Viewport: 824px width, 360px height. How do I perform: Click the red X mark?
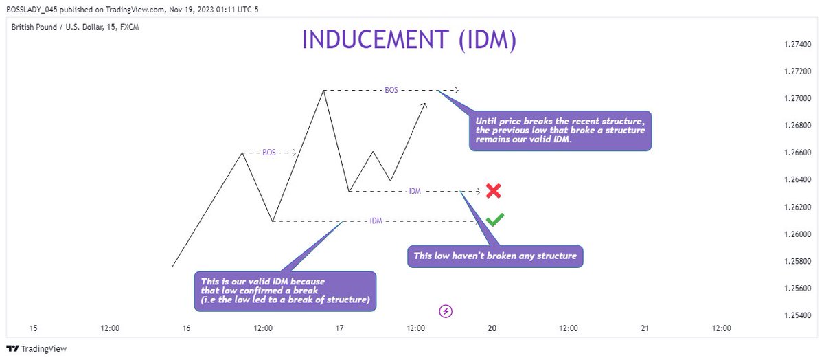tap(493, 191)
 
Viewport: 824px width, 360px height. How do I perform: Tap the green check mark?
tap(494, 220)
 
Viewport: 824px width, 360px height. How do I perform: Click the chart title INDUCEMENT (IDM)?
tap(409, 40)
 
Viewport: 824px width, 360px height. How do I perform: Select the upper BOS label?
tap(391, 90)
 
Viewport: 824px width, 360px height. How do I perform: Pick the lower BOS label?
tap(269, 153)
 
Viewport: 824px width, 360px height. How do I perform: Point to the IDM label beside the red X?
tap(415, 191)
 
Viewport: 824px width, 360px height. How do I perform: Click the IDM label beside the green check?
tap(376, 221)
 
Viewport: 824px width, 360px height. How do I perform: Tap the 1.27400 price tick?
tap(797, 45)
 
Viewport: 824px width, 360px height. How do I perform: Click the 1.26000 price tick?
tap(797, 234)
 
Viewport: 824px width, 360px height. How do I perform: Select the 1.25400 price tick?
tap(797, 315)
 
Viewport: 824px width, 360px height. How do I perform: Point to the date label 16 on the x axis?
tap(186, 328)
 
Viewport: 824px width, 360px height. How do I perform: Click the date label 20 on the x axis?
tap(492, 328)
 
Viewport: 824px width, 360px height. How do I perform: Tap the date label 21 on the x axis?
tap(645, 328)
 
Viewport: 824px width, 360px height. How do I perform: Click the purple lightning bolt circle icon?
tap(446, 312)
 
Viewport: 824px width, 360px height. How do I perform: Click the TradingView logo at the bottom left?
tap(37, 349)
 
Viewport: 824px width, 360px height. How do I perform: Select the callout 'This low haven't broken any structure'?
tap(495, 257)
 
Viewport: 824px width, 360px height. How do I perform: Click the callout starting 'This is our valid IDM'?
tap(285, 291)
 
